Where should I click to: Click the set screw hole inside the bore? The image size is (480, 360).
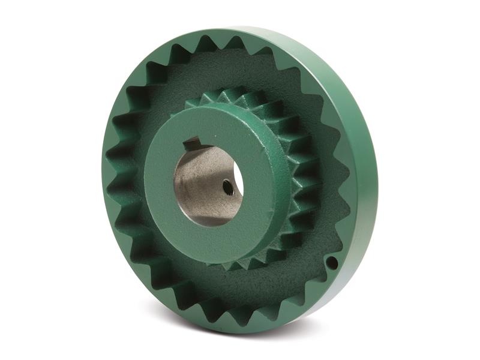[x=228, y=188]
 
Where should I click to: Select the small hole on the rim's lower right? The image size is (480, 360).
[x=331, y=262]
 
